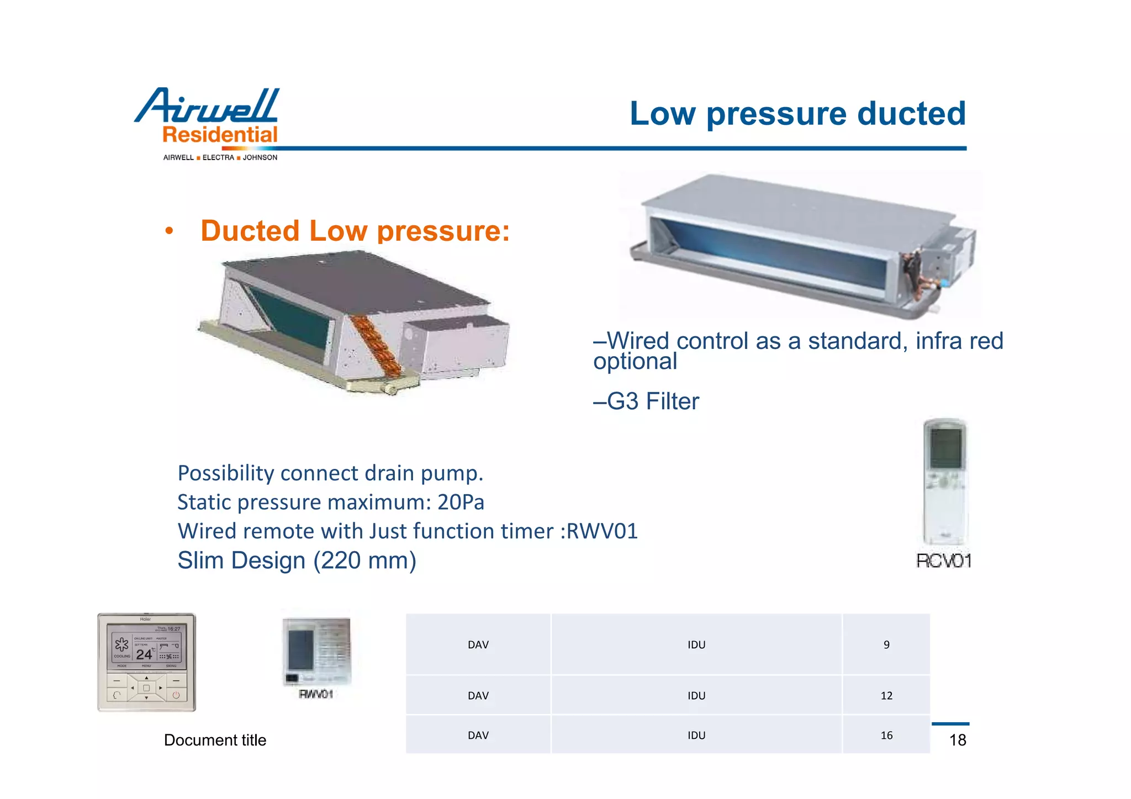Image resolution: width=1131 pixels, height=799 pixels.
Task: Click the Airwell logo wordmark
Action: [x=207, y=105]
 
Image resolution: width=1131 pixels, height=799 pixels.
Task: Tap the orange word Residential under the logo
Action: [x=220, y=135]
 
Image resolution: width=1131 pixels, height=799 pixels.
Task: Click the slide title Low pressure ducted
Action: [x=797, y=113]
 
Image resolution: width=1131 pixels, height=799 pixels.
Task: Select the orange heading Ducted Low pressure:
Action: [x=355, y=231]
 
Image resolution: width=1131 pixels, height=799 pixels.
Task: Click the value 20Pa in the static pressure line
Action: [x=461, y=502]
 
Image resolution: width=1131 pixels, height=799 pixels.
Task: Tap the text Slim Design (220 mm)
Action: [x=297, y=560]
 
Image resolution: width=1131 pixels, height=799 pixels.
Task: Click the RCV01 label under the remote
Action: [x=943, y=561]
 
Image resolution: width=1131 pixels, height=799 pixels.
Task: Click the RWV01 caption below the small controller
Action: [x=316, y=694]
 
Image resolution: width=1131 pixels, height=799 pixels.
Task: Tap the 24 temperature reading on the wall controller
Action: [x=144, y=654]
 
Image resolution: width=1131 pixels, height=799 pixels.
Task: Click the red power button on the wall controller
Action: [x=176, y=695]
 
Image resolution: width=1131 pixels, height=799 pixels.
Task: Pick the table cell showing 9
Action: [x=886, y=644]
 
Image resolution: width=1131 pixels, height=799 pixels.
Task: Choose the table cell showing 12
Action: [x=886, y=696]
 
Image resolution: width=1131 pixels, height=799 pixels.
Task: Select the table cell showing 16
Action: [x=886, y=735]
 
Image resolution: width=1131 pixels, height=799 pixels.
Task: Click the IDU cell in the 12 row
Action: [x=696, y=696]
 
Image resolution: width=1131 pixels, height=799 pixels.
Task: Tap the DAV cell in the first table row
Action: [x=478, y=644]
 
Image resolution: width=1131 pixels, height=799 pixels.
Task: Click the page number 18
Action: [x=958, y=740]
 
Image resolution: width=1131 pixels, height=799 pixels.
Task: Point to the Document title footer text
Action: [x=215, y=740]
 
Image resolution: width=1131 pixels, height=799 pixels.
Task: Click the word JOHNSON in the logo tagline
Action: [x=260, y=157]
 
